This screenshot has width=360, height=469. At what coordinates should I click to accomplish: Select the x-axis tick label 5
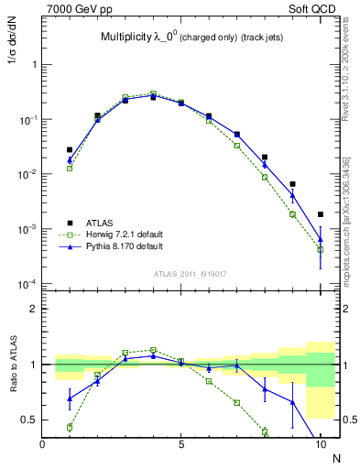pos(181,443)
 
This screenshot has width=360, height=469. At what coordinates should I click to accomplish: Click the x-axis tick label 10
pos(320,443)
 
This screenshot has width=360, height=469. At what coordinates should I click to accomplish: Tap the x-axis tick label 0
pos(43,443)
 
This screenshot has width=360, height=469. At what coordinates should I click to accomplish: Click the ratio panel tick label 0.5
pos(29,420)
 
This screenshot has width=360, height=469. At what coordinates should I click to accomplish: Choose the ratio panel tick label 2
pos(34,309)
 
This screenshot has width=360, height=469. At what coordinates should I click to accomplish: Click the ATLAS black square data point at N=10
pos(320,214)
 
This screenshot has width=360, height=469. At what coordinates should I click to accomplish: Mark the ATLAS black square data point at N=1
pos(70,149)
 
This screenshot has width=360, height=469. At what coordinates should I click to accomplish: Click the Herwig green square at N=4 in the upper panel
pos(153,93)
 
